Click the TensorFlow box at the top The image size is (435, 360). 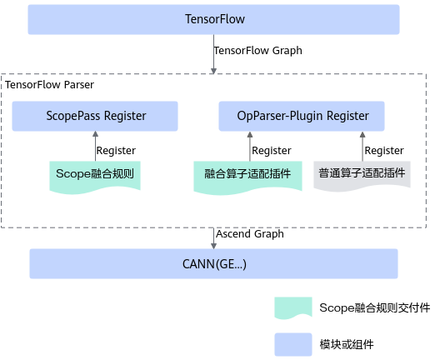(213, 19)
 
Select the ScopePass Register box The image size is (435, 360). (95, 116)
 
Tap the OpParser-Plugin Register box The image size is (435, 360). (302, 116)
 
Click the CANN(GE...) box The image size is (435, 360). (213, 263)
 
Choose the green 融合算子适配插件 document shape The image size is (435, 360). (247, 176)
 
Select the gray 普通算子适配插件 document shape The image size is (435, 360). (362, 174)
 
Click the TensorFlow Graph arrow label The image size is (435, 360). (257, 51)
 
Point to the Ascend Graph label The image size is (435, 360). (250, 234)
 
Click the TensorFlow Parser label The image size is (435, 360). (49, 85)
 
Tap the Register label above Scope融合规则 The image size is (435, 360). (116, 151)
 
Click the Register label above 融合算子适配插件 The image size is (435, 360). (272, 151)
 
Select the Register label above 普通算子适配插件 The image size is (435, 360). (384, 151)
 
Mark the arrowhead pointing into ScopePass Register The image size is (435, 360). (95, 134)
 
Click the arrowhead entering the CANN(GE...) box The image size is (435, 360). (213, 246)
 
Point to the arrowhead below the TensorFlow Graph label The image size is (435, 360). (213, 71)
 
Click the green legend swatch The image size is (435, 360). (293, 307)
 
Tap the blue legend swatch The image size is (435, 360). (293, 344)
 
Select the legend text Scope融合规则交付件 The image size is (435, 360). (375, 307)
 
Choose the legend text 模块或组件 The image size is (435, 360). (347, 344)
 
